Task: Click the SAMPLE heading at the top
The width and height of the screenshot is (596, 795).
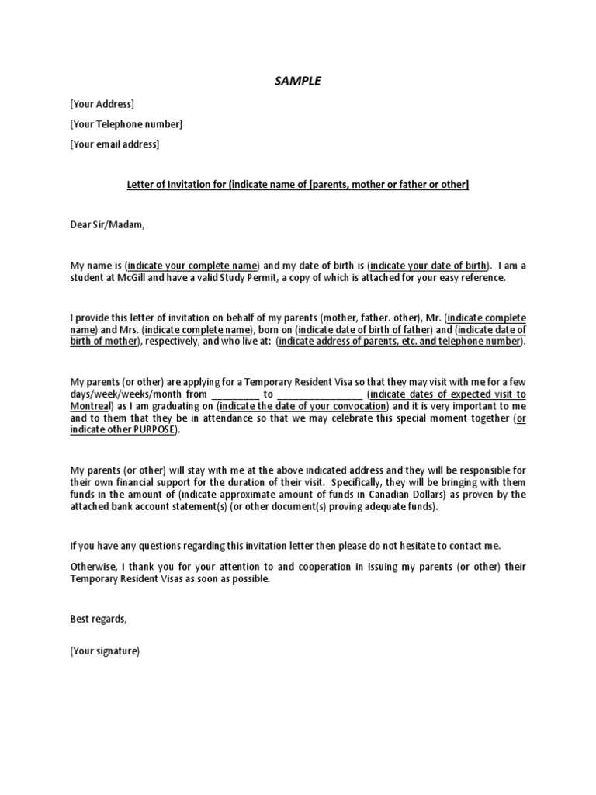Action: [x=297, y=80]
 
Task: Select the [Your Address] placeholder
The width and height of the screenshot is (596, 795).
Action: [x=102, y=104]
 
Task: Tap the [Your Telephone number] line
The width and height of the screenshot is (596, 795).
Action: [x=126, y=124]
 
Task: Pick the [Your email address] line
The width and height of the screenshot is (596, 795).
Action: [x=114, y=144]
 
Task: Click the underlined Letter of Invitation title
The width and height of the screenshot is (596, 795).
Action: [x=298, y=185]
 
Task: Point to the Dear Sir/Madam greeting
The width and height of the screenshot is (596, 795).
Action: [x=107, y=225]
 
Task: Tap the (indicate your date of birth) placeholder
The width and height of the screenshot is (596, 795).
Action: [x=422, y=266]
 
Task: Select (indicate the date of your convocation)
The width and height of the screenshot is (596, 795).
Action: [x=303, y=406]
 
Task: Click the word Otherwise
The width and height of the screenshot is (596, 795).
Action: [x=95, y=567]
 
